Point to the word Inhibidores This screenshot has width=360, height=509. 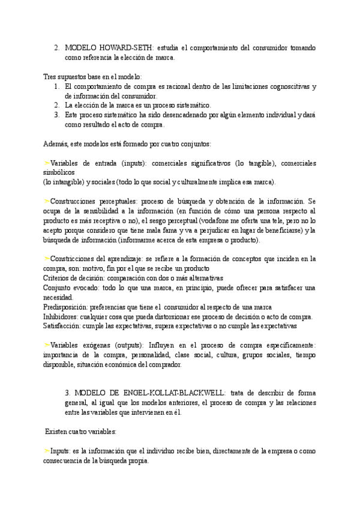coord(61,316)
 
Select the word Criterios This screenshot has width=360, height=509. coord(59,278)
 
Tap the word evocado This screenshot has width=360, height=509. coord(86,288)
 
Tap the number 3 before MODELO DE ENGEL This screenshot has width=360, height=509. coord(68,393)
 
